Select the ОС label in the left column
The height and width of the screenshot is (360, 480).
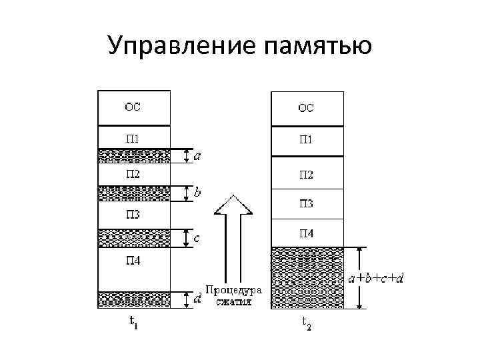(x=133, y=105)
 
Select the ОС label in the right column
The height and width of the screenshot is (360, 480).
(x=307, y=106)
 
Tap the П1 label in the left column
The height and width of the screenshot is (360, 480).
(x=133, y=139)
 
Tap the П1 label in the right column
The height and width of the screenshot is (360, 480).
(x=307, y=140)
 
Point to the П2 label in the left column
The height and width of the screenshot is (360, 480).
(x=133, y=174)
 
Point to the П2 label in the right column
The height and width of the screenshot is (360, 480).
(x=307, y=175)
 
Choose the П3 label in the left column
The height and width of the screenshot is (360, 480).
(x=133, y=215)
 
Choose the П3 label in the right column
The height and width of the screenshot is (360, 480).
(x=307, y=203)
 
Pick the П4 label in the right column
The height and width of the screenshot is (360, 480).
(x=307, y=233)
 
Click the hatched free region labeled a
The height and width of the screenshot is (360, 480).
(x=134, y=156)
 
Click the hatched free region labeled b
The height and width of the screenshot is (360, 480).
(x=134, y=193)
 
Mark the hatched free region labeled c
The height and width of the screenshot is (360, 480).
(x=134, y=237)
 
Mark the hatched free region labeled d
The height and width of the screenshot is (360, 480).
(x=134, y=299)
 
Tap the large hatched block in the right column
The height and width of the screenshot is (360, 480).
(x=307, y=277)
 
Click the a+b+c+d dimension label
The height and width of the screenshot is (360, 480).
(x=376, y=277)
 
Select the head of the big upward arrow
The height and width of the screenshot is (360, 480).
(x=233, y=205)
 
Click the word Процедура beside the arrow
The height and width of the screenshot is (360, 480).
(x=233, y=290)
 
